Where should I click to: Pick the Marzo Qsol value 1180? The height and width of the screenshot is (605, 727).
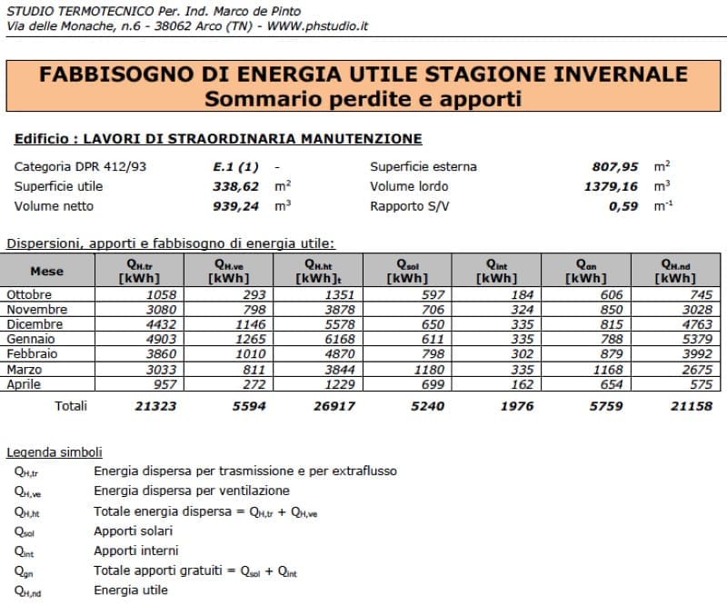point(427,369)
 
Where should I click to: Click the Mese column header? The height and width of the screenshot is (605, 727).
point(47,271)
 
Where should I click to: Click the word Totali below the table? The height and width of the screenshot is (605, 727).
point(71,406)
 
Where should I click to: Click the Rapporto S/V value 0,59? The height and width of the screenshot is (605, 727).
point(623,206)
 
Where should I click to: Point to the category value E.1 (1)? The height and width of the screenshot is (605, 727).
point(230,167)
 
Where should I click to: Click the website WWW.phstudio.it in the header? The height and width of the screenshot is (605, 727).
point(317,26)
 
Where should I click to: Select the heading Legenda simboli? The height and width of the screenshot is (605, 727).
point(55,451)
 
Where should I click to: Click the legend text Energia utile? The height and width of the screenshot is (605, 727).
point(131,590)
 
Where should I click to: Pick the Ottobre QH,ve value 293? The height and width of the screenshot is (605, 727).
point(254,295)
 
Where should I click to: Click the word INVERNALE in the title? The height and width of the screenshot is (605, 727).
point(601,74)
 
